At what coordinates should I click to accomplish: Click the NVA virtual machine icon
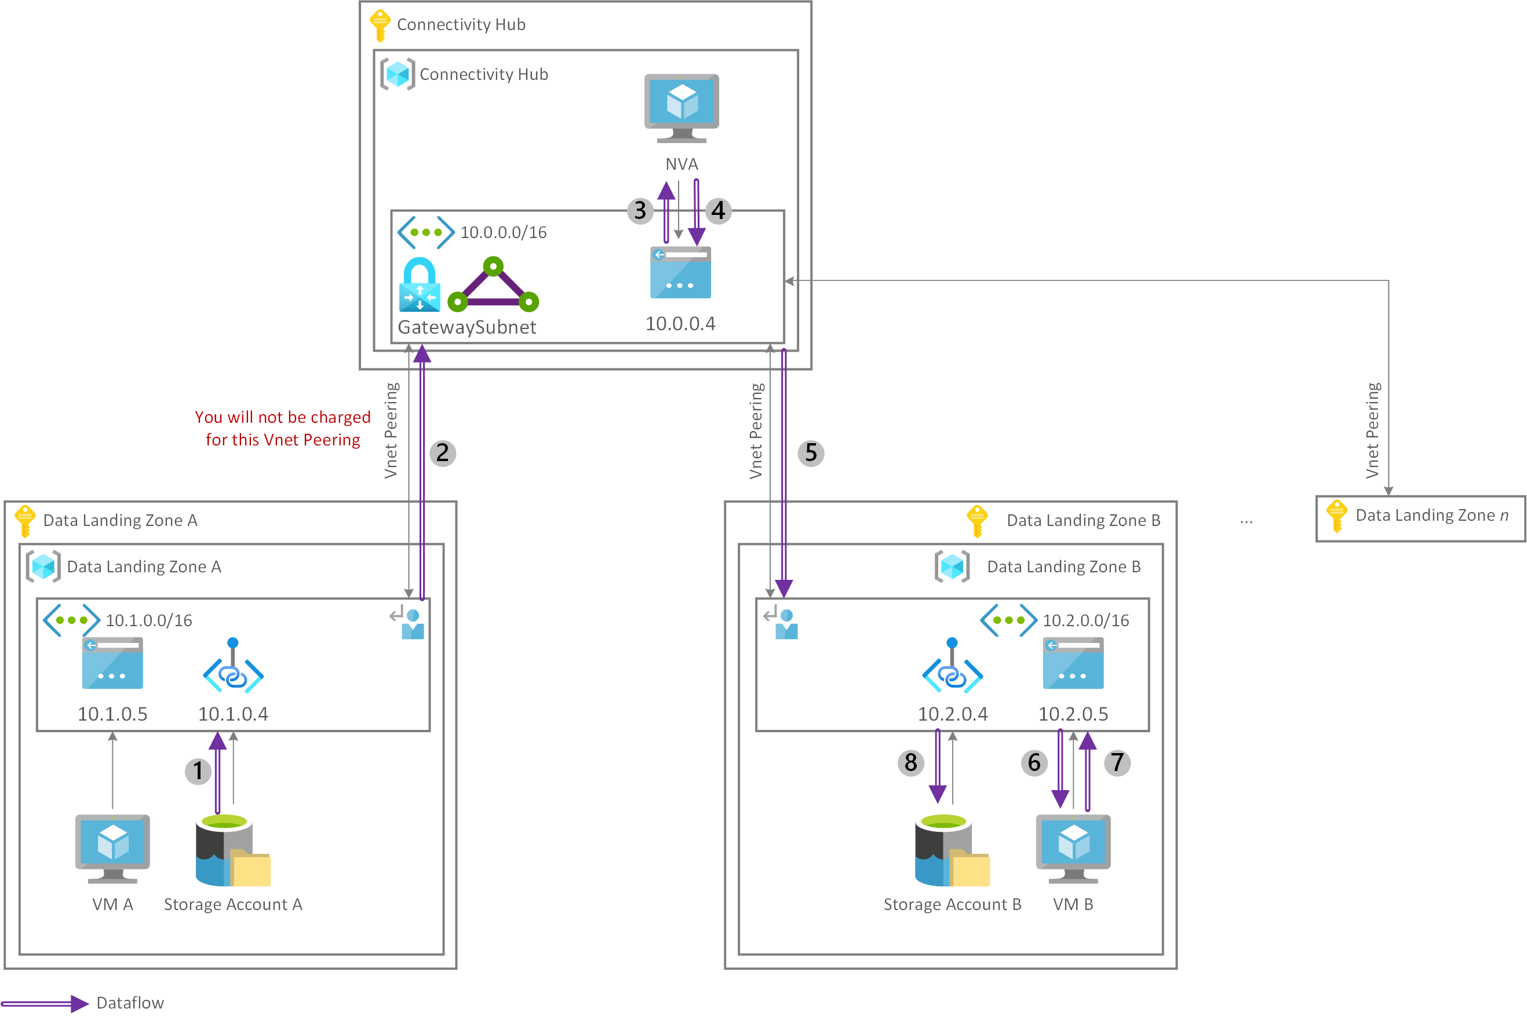pos(681,108)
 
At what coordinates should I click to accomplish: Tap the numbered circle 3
pos(640,211)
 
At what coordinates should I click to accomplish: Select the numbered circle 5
pos(811,453)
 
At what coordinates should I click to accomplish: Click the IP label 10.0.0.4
pos(680,324)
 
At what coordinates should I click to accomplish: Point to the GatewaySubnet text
pos(467,327)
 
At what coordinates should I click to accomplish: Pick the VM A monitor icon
pos(112,848)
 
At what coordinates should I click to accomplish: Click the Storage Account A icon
pos(232,850)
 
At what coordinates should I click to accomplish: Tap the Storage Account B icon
pos(952,850)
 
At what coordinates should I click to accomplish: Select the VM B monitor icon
pos(1073,848)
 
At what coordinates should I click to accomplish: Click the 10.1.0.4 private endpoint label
pos(233,714)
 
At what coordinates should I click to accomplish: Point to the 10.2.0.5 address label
pos(1073,714)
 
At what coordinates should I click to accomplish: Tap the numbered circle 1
pos(198,771)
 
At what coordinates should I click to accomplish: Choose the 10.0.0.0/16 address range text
pos(503,232)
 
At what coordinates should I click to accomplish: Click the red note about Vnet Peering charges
pos(283,428)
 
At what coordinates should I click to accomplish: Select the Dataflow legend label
pos(130,1003)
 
